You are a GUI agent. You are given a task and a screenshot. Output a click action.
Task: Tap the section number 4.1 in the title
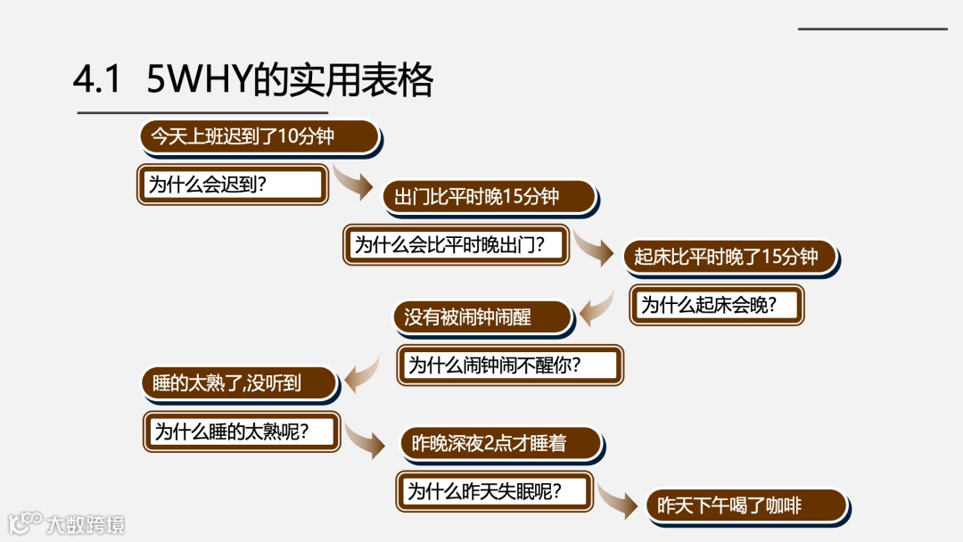[96, 81]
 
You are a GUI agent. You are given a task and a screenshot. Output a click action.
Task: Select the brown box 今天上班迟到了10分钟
[259, 136]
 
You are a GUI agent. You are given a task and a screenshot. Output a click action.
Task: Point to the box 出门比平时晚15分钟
[489, 197]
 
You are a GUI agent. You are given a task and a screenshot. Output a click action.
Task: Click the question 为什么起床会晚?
[717, 305]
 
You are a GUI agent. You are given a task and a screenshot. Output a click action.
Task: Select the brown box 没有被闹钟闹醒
[481, 317]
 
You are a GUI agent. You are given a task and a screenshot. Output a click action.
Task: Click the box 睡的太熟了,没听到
[239, 383]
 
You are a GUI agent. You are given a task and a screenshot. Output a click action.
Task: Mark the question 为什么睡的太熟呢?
[242, 431]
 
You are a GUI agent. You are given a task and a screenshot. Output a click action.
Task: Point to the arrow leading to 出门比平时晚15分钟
[353, 183]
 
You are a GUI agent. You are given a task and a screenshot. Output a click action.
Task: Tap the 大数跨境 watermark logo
[66, 523]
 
